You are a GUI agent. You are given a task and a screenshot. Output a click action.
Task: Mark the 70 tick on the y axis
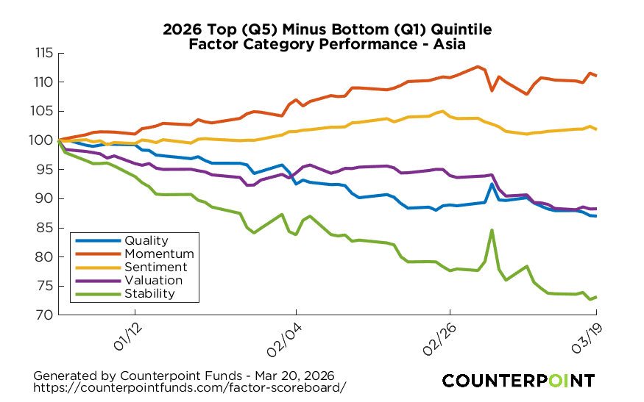click(44, 315)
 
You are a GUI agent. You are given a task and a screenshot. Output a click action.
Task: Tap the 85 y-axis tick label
click(44, 228)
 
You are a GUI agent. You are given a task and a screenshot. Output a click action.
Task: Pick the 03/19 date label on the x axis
click(588, 335)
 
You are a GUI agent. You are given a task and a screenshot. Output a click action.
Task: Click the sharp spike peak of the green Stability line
click(492, 230)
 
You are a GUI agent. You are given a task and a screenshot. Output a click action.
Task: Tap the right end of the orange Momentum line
click(595, 76)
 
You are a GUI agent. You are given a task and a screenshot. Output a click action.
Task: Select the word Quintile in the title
click(459, 29)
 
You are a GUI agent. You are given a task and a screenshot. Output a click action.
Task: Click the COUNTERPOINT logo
click(518, 380)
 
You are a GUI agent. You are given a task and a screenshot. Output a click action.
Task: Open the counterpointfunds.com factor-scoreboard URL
click(190, 387)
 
